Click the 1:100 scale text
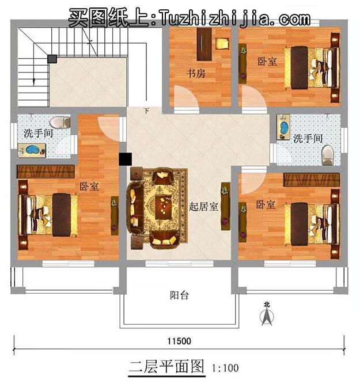pos(225,367)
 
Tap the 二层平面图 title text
pos(166,366)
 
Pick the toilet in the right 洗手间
pos(327,154)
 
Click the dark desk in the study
pos(203,43)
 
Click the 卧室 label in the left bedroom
pos(89,187)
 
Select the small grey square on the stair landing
pos(52,58)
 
